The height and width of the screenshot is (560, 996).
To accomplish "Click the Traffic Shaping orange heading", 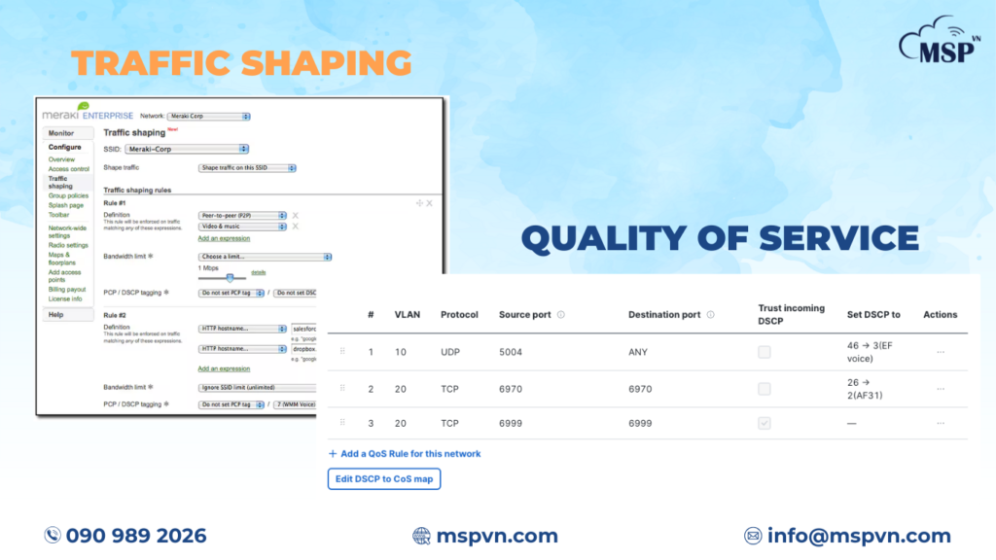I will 240,62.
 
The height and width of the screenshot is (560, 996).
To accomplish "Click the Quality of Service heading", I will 720,237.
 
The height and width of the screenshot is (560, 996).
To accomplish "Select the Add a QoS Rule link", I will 409,454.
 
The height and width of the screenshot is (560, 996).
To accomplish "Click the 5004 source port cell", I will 513,352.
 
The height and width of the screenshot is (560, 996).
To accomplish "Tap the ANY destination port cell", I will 638,352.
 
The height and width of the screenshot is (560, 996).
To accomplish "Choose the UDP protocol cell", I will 451,352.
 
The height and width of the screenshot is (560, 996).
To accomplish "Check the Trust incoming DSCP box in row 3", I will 765,424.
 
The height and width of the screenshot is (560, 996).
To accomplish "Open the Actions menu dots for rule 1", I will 940,352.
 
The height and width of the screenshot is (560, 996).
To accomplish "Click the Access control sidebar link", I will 68,169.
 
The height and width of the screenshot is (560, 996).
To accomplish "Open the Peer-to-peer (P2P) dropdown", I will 241,215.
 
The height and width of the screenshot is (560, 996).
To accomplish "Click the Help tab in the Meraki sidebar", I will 55,315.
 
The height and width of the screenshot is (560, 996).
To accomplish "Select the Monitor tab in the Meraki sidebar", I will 61,133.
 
